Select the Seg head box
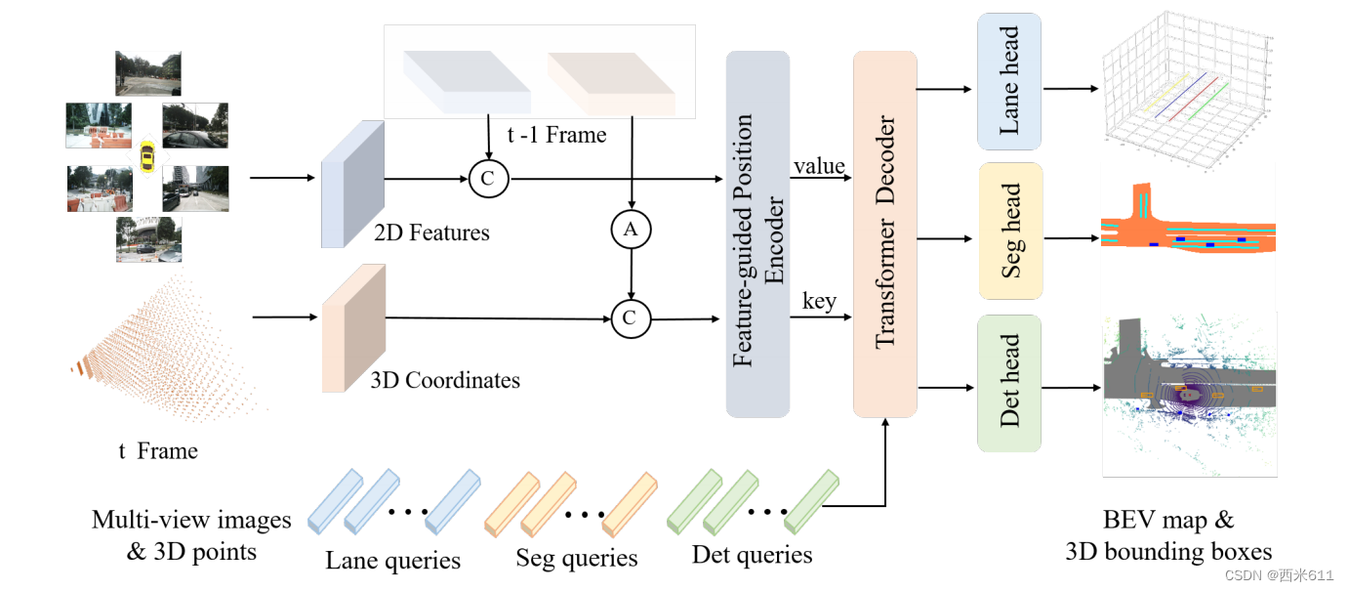point(1009,231)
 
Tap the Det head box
point(1009,382)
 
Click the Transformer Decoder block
point(885,234)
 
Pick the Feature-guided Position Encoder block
point(757,234)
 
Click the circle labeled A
point(631,229)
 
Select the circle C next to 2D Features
point(487,179)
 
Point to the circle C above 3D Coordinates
point(631,318)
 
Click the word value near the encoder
point(819,166)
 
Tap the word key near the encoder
point(819,301)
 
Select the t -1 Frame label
point(556,135)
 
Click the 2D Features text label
point(430,232)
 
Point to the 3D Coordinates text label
point(444,380)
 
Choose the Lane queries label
point(393,561)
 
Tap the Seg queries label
point(576,559)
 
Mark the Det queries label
point(752,556)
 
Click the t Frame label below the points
point(158,451)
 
